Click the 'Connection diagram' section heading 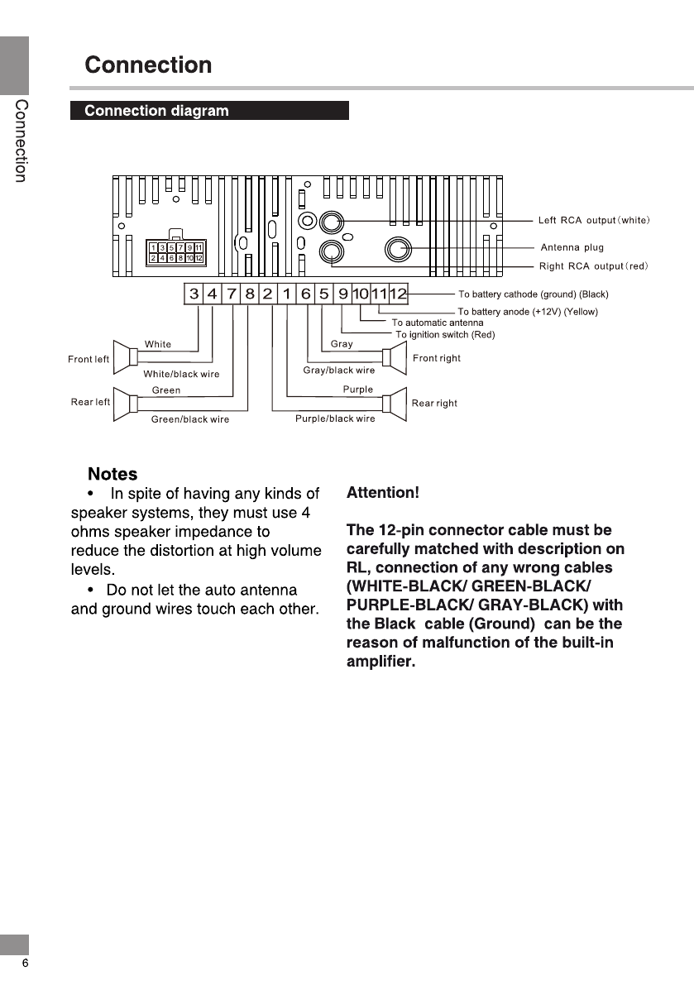click(156, 111)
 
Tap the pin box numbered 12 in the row click(399, 294)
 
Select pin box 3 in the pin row click(194, 294)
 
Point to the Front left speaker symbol click(127, 357)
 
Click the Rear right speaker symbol click(394, 403)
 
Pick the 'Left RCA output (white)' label click(594, 220)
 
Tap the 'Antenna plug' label click(572, 247)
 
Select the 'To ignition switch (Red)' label click(445, 334)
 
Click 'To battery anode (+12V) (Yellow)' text click(528, 312)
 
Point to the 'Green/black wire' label click(190, 419)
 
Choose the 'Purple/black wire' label click(335, 418)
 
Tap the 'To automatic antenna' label click(438, 323)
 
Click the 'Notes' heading click(112, 474)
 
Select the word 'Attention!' click(383, 493)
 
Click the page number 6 click(25, 963)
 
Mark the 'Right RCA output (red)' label click(593, 265)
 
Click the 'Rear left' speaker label click(90, 402)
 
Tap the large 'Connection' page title click(148, 65)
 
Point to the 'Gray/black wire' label click(339, 371)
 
